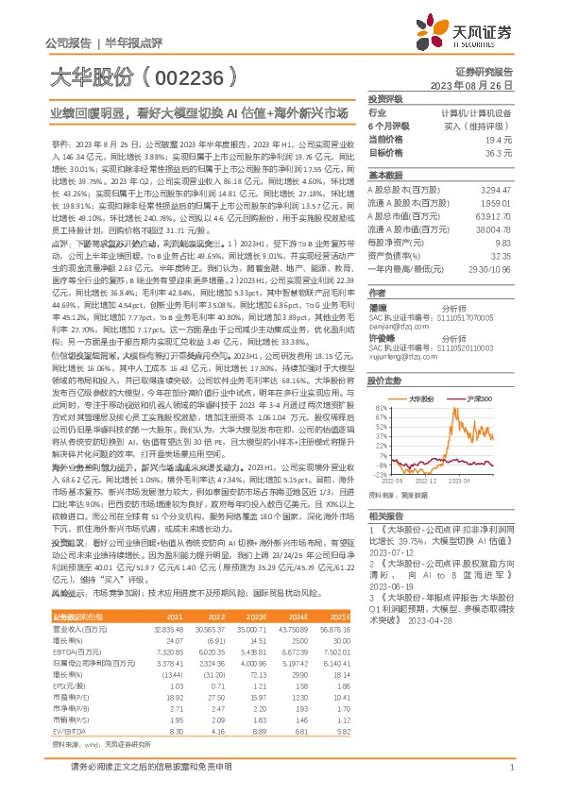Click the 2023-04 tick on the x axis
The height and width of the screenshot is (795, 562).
point(485,480)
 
